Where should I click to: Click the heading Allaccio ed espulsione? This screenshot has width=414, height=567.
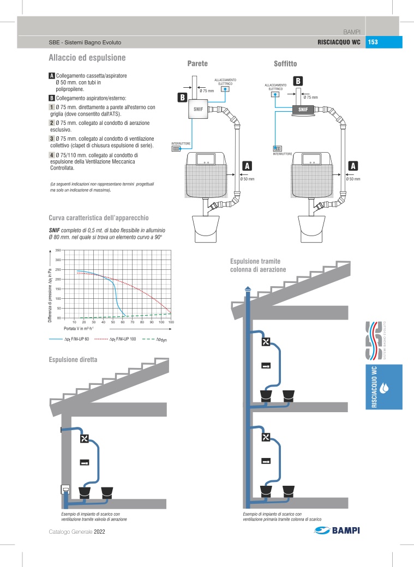click(x=87, y=57)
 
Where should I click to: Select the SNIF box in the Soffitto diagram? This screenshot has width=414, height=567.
click(x=303, y=109)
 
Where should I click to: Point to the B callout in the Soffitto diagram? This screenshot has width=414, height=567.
click(x=298, y=81)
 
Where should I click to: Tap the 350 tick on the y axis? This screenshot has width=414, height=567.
click(x=57, y=250)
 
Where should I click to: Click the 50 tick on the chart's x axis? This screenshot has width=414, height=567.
click(x=113, y=322)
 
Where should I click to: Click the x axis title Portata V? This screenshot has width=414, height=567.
click(x=78, y=328)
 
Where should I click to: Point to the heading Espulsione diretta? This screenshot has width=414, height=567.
click(x=73, y=360)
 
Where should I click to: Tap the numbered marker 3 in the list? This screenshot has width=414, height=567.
click(x=51, y=139)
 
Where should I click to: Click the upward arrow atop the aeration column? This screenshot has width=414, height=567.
click(x=249, y=289)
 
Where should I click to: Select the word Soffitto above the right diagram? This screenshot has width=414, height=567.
click(x=285, y=64)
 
